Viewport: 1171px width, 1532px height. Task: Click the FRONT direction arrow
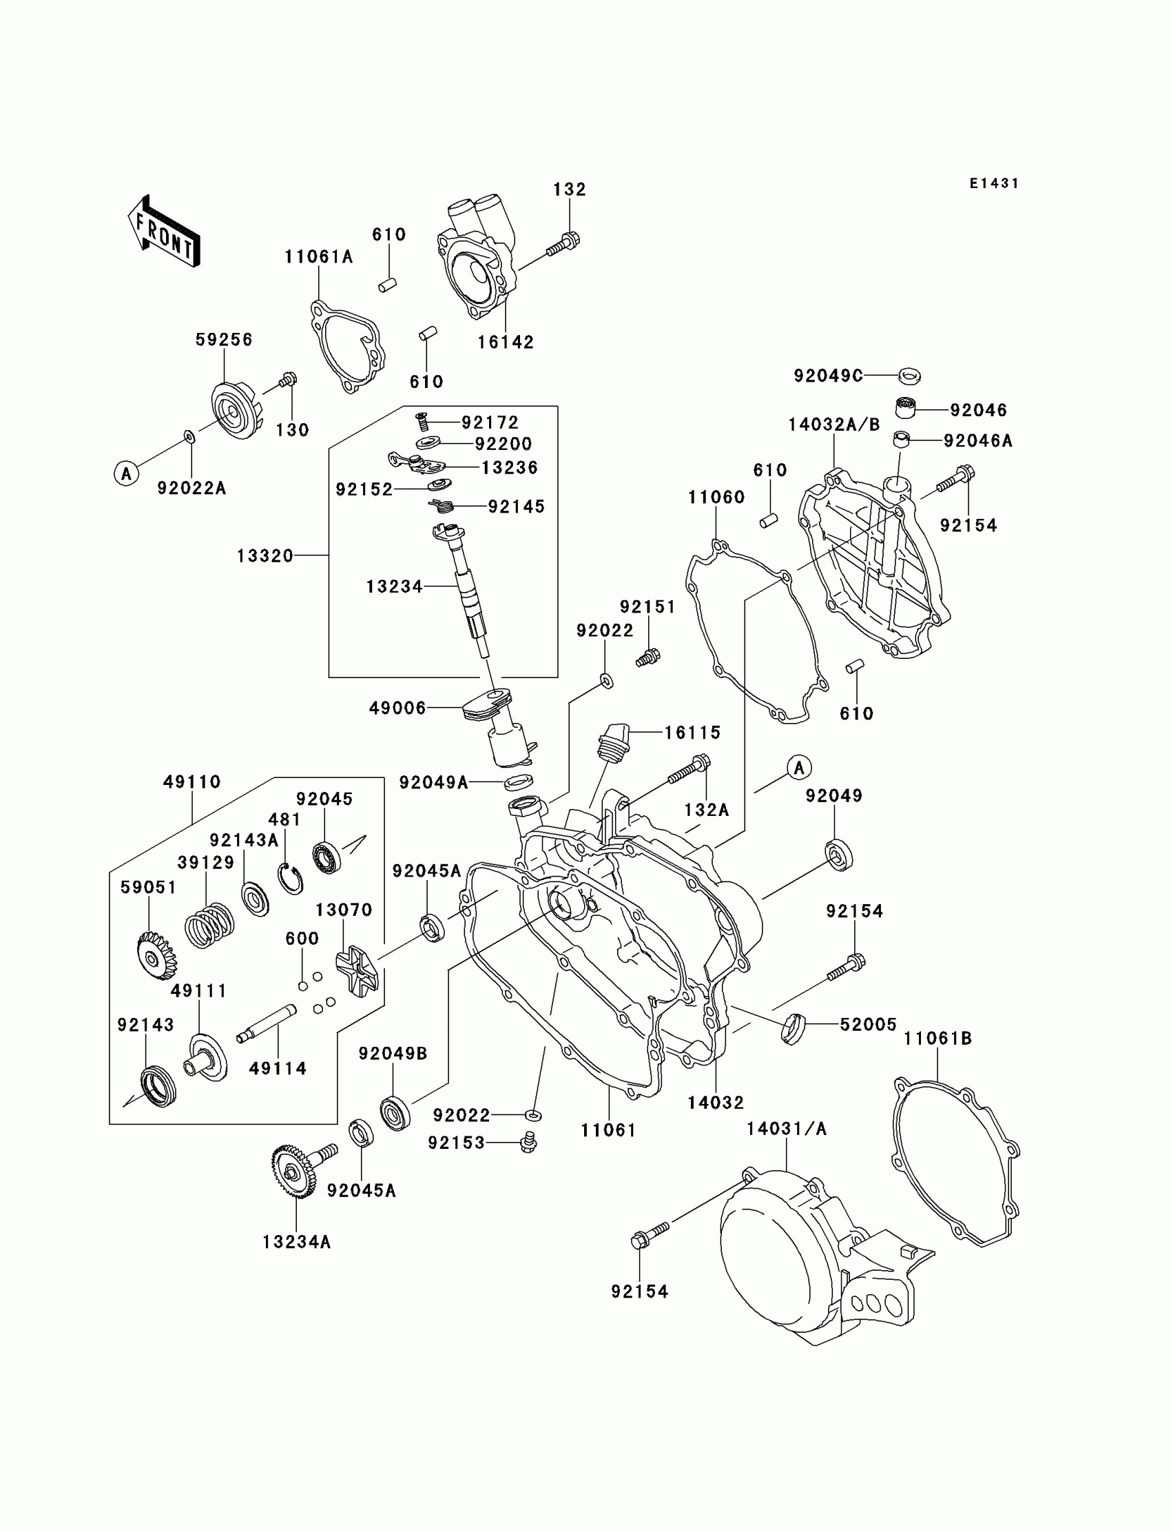[x=164, y=232]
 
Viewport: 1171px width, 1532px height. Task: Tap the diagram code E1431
[x=994, y=183]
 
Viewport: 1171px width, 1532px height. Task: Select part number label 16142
[x=506, y=342]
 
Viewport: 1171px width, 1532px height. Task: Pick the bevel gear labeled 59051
[x=157, y=956]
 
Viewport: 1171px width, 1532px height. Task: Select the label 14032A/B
[x=834, y=425]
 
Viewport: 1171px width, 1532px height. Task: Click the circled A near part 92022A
[x=126, y=474]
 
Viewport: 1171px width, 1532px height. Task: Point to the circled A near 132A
[x=800, y=768]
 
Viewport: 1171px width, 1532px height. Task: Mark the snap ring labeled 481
[x=291, y=879]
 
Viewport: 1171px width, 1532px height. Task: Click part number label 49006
[x=397, y=708]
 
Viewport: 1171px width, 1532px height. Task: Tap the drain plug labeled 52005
[x=793, y=1029]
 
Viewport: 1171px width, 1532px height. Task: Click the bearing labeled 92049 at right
[x=838, y=857]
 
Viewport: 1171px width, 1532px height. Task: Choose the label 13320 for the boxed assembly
[x=265, y=555]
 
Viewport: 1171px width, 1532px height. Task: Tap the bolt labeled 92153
[x=529, y=1143]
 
